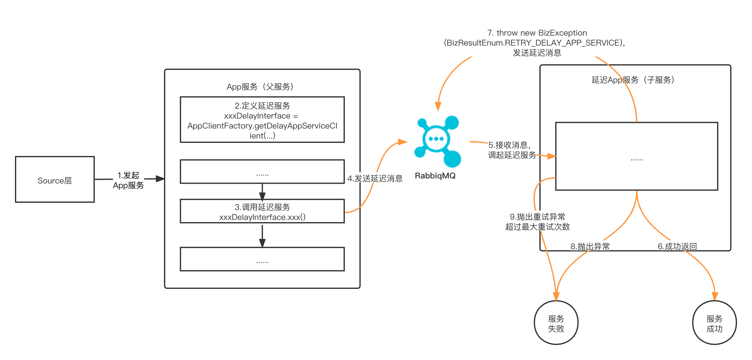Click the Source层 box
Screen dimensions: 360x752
(55, 180)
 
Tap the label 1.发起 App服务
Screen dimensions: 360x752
(128, 180)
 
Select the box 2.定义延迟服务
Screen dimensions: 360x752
(262, 120)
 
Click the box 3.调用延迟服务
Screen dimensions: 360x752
(262, 212)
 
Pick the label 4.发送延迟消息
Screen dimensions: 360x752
(375, 178)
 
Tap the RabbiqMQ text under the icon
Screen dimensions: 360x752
(435, 176)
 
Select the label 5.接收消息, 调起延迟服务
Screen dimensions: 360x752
(512, 150)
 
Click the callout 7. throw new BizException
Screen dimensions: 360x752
(537, 42)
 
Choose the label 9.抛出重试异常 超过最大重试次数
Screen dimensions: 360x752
(537, 221)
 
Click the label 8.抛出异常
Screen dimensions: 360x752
(590, 246)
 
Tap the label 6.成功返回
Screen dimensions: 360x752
(677, 246)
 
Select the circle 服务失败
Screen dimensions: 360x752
(556, 323)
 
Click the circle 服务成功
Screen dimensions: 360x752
(714, 323)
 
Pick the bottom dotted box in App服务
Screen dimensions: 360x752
(262, 259)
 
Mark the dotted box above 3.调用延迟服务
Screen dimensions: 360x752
(262, 172)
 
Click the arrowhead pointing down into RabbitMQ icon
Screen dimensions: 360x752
(438, 107)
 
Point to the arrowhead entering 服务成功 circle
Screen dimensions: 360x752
(715, 296)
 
